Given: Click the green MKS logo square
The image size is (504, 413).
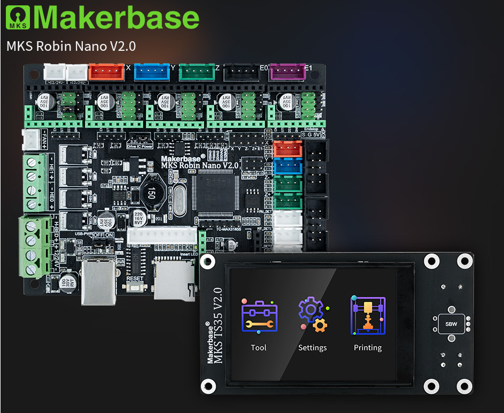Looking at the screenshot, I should click(x=18, y=17).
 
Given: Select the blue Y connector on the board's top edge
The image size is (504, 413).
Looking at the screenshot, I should click(x=151, y=72).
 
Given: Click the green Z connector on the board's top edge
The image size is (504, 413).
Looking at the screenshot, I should click(x=196, y=72).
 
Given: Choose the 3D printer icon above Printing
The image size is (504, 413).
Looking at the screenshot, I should click(x=368, y=316).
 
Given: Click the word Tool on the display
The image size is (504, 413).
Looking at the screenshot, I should click(x=259, y=348).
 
